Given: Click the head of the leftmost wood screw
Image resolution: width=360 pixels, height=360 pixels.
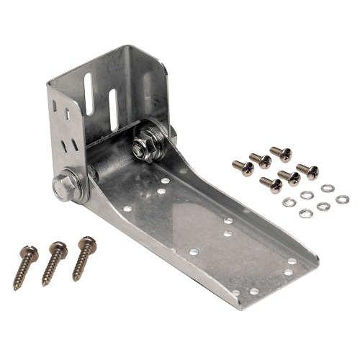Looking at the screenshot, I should pyautogui.click(x=30, y=252).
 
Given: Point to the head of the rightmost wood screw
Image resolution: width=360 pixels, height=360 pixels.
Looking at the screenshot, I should pyautogui.click(x=87, y=243).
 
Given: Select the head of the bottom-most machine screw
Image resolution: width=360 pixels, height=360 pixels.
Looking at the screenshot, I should pyautogui.click(x=274, y=185).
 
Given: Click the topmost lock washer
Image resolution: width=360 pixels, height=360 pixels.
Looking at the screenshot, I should pyautogui.click(x=328, y=188).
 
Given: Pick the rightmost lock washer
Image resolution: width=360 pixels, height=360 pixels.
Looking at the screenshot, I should pyautogui.click(x=342, y=199).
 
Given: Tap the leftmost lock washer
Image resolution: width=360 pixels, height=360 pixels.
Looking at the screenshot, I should pyautogui.click(x=289, y=202).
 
